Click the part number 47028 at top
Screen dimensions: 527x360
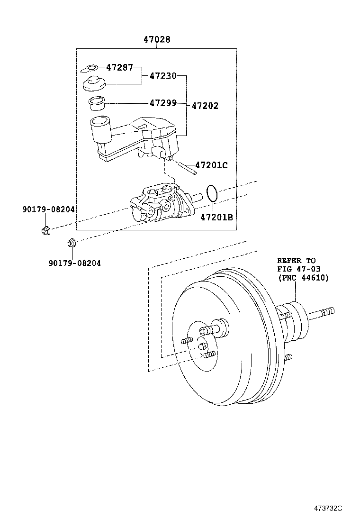(x=157, y=40)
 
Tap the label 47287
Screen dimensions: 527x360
(x=119, y=67)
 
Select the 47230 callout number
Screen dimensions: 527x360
(x=163, y=75)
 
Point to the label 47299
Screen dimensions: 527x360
(x=163, y=103)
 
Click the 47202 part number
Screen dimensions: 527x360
(x=205, y=106)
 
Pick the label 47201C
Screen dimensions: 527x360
(x=211, y=165)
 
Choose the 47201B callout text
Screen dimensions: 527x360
(x=216, y=218)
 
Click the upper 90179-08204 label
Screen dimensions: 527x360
(x=48, y=209)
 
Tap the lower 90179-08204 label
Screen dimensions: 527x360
(x=74, y=263)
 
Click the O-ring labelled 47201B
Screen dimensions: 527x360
(x=212, y=193)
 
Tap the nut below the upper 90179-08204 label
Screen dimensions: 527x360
(x=45, y=231)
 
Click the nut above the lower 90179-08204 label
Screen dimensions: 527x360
(x=72, y=244)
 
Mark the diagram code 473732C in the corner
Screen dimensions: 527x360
(x=327, y=509)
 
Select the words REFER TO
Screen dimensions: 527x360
(x=296, y=261)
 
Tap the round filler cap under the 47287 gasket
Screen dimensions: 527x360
(x=95, y=84)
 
